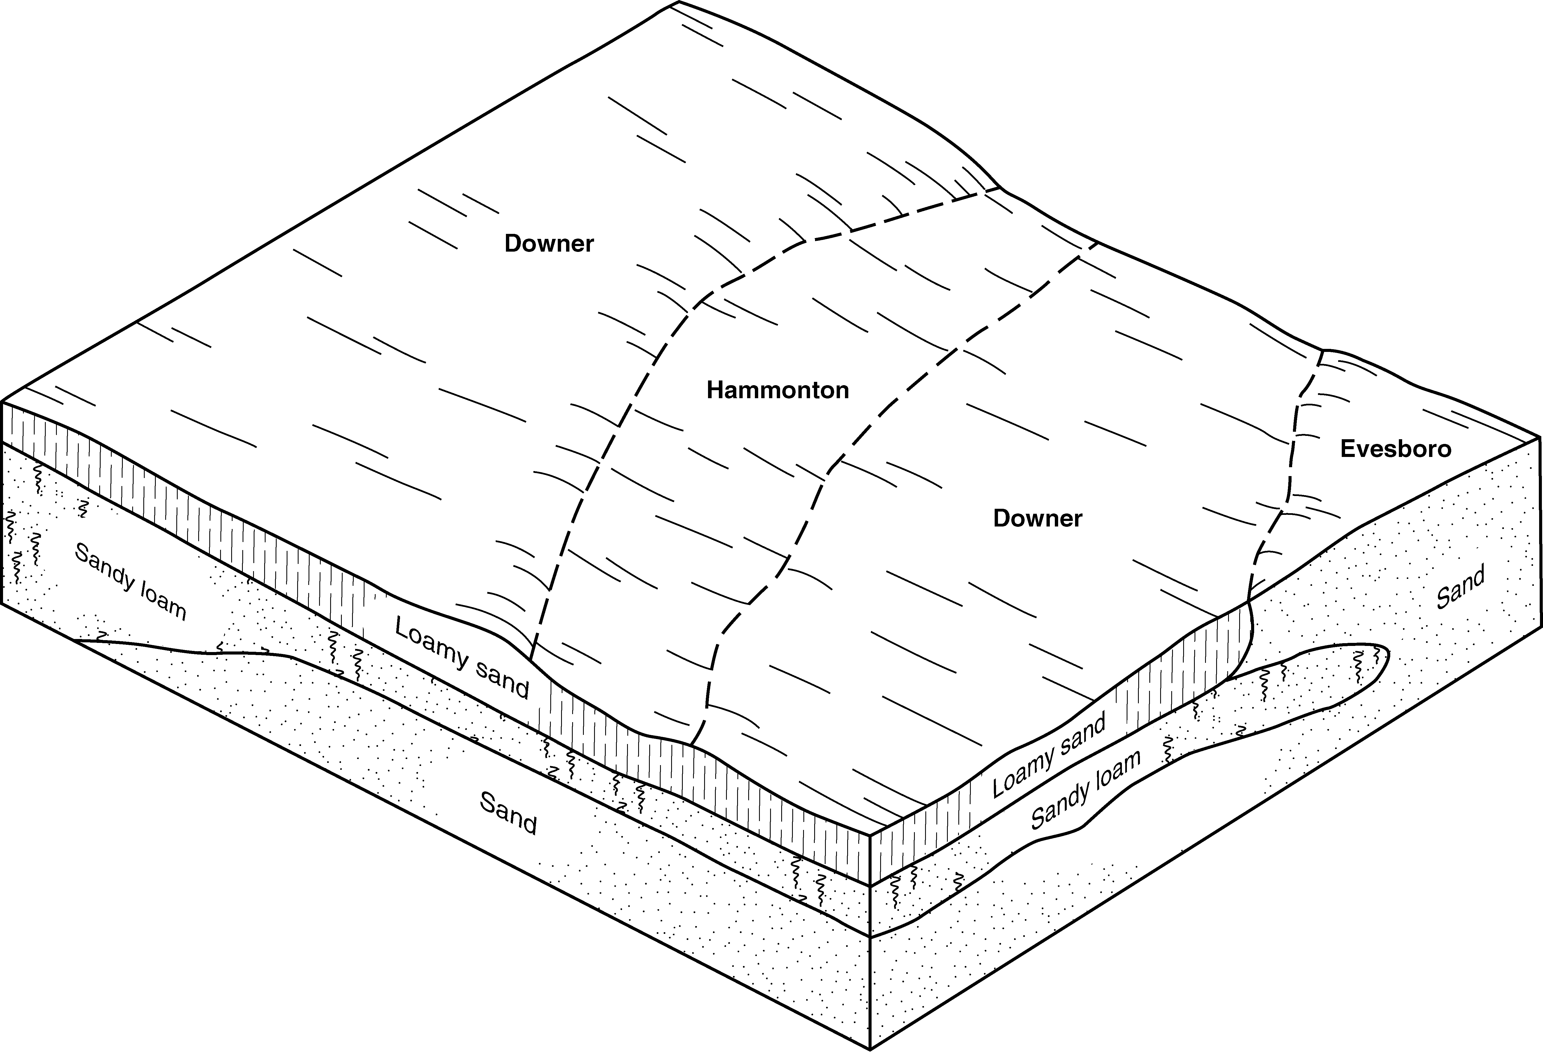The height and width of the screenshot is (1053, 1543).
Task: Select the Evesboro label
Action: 1396,449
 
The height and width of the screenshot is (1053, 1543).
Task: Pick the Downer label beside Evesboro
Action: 1037,518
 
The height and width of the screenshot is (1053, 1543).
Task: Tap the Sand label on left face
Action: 508,814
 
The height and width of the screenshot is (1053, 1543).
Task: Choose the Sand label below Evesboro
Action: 1461,589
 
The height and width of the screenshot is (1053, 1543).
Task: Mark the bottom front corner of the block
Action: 870,1050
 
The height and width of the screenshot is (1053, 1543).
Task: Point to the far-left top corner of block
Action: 3,402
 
